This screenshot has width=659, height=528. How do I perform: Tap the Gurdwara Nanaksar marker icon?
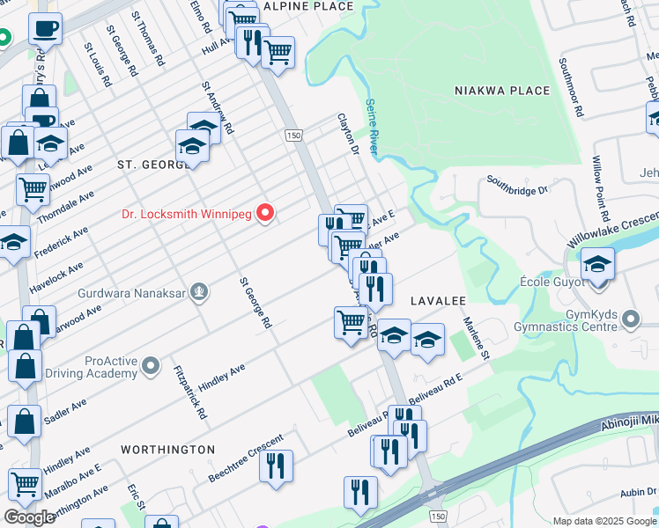point(201,291)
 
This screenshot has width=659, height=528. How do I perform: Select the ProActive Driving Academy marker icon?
point(151,364)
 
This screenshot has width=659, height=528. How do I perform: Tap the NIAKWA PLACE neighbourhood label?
point(502,91)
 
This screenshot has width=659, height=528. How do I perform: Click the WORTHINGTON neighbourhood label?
point(167,450)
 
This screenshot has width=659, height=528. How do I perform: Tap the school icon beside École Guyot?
point(597,265)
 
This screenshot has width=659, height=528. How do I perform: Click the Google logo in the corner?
point(29,517)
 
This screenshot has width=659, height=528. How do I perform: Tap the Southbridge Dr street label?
point(517,187)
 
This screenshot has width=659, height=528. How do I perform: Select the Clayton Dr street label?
point(349,135)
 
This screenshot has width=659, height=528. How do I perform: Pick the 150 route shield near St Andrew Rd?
point(292,135)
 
